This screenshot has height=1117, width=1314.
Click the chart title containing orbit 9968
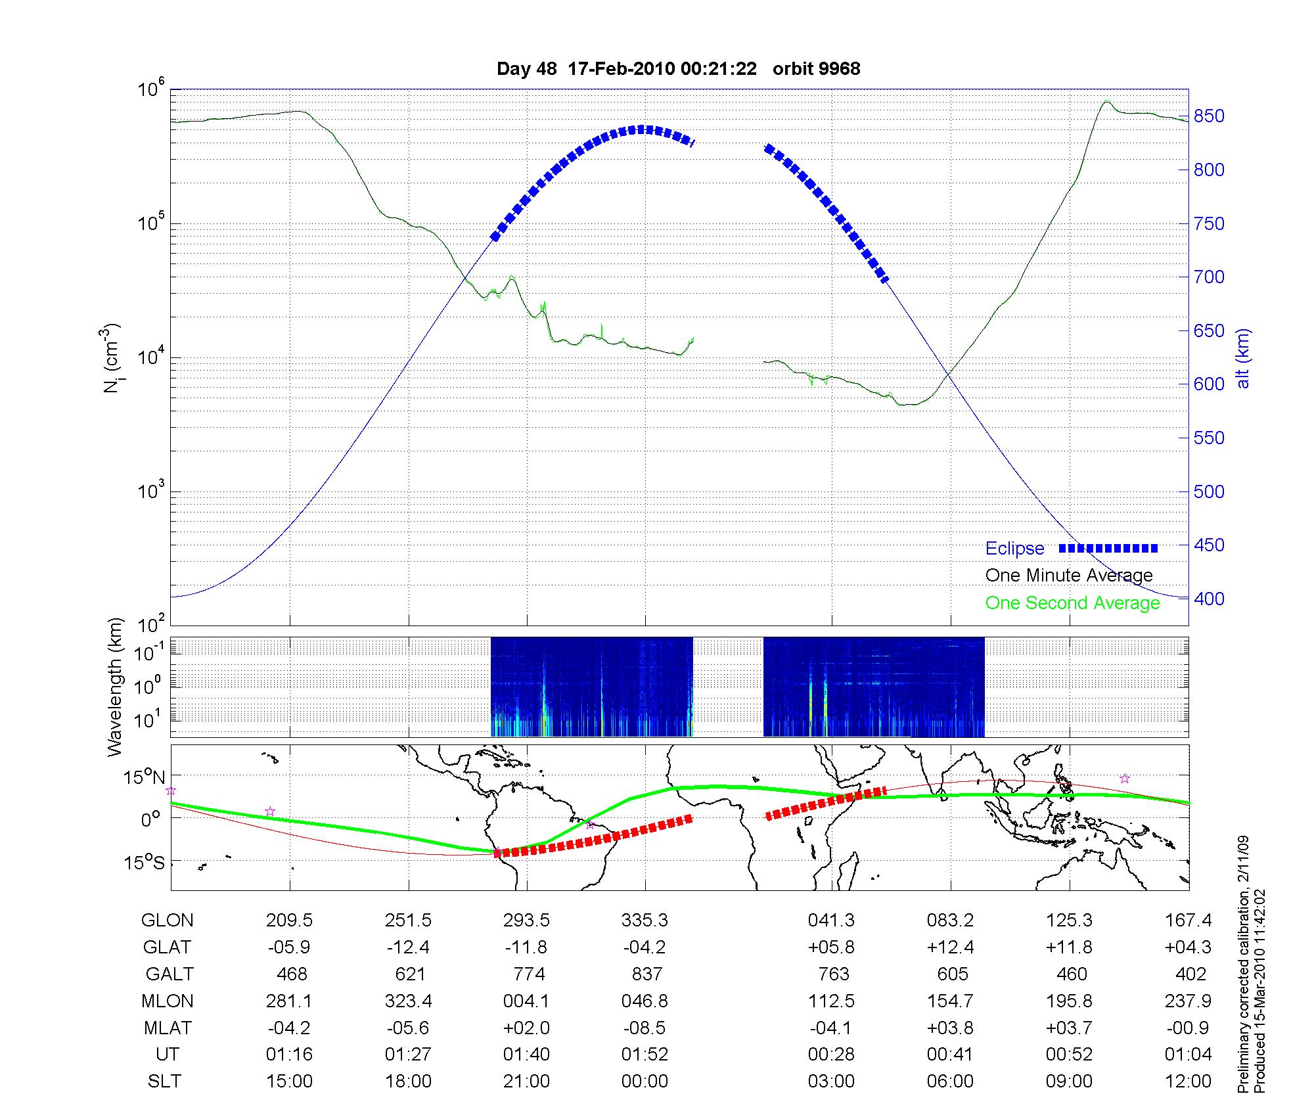point(678,69)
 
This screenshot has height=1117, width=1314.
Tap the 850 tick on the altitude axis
point(1209,116)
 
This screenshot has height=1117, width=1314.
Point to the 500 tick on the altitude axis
point(1209,491)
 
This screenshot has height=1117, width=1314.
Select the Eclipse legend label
point(1014,548)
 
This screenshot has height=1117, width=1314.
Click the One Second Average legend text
point(1072,603)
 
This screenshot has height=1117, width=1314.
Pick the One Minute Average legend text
point(1069,576)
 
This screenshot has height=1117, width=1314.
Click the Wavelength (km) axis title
point(115,687)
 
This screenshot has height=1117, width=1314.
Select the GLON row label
point(167,921)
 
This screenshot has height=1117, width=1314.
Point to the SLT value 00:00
point(645,1081)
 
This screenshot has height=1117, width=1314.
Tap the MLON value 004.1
point(526,1001)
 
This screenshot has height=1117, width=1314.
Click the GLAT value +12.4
point(951,947)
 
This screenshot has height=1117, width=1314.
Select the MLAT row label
point(167,1028)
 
